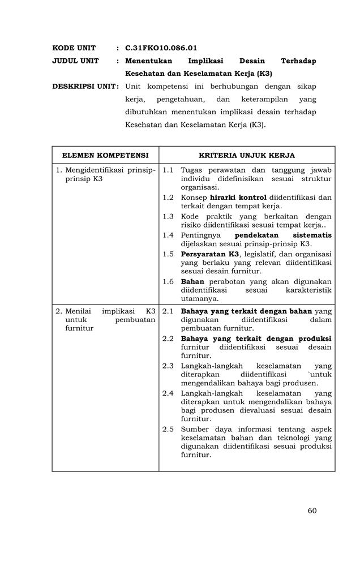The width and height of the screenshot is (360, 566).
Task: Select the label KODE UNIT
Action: [74, 48]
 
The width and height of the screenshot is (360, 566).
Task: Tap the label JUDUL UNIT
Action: [75, 61]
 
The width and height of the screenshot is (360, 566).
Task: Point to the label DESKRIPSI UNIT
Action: [85, 87]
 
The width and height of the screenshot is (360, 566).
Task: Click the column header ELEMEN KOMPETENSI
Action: [105, 155]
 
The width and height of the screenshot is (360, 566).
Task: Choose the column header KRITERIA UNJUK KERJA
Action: [247, 155]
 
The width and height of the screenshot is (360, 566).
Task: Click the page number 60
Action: [312, 511]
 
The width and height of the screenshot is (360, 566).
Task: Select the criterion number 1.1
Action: [168, 170]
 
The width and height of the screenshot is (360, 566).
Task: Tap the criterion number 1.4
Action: [168, 235]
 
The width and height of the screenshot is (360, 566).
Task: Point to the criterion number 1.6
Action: [168, 281]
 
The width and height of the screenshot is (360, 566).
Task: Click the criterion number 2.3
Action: [168, 366]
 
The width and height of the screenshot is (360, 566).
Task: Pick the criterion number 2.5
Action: [168, 429]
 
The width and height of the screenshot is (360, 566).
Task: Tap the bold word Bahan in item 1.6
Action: [192, 281]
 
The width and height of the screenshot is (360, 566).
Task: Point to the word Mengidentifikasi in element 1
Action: [94, 170]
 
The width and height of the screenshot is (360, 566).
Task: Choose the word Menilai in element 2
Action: [78, 311]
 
